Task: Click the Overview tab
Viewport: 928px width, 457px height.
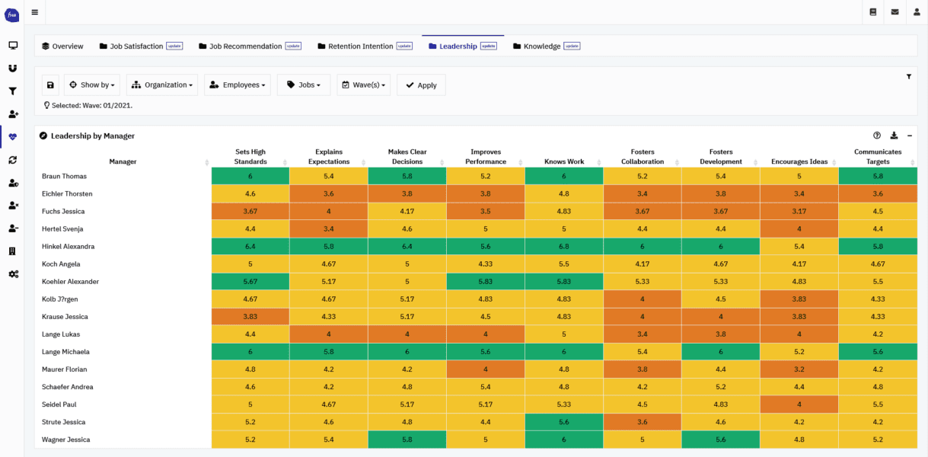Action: pos(62,46)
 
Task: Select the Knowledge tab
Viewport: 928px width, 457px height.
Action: pos(541,46)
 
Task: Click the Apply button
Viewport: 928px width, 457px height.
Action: pos(421,85)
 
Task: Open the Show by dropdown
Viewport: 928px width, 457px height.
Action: pos(92,85)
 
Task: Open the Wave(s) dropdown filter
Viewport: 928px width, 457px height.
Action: pos(364,85)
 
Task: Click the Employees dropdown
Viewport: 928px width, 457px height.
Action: pos(237,85)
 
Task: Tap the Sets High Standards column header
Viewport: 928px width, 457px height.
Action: pos(250,157)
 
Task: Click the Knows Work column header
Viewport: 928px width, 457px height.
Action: pos(564,161)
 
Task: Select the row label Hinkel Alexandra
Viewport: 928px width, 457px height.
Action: pos(68,247)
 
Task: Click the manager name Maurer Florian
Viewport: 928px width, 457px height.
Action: pos(64,369)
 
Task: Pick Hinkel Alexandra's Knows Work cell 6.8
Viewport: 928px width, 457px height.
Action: pos(564,247)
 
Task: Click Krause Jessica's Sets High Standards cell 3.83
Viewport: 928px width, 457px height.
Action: pos(250,317)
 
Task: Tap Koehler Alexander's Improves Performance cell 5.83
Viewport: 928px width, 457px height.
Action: pos(486,282)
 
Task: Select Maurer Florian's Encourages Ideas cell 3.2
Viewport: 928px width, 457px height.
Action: pos(799,369)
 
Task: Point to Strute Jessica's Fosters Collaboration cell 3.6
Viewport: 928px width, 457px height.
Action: pos(643,422)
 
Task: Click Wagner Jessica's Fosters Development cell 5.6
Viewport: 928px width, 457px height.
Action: pos(720,439)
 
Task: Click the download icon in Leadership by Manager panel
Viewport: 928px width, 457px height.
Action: pos(894,136)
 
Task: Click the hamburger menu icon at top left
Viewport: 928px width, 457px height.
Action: pos(35,12)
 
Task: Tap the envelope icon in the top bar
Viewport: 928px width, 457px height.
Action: pos(895,12)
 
